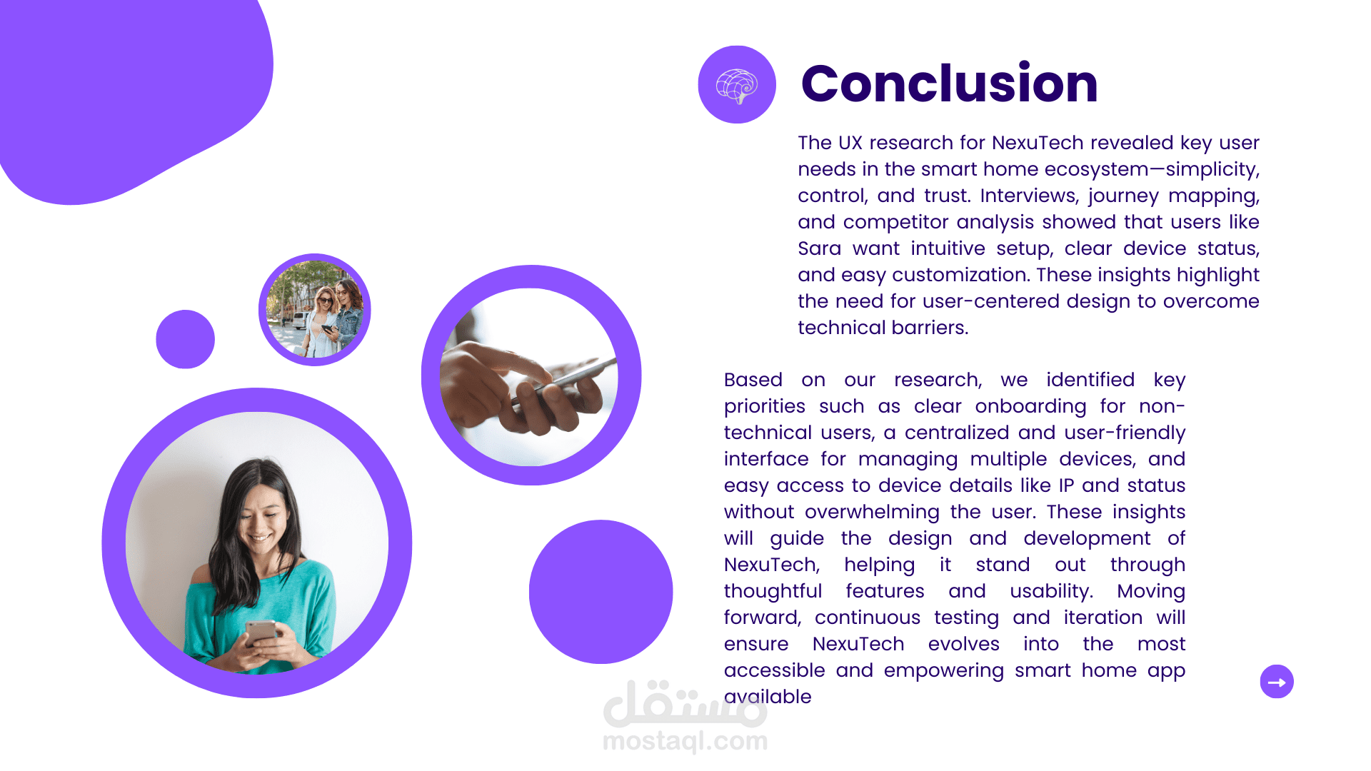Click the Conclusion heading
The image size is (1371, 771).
(x=949, y=84)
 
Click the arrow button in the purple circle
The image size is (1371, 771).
(x=1277, y=682)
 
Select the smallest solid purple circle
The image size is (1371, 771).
(x=186, y=339)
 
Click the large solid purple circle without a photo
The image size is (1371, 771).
(x=601, y=592)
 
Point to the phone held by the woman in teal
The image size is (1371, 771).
(x=261, y=632)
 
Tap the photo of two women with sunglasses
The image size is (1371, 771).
(x=315, y=310)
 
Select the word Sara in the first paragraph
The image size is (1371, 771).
(x=819, y=248)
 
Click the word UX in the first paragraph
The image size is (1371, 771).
(x=850, y=143)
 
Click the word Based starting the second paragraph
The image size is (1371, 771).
(x=753, y=380)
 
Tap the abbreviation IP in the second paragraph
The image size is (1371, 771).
(x=1066, y=485)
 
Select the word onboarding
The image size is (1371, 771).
(x=1030, y=407)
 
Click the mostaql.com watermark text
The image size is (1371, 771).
(x=685, y=742)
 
